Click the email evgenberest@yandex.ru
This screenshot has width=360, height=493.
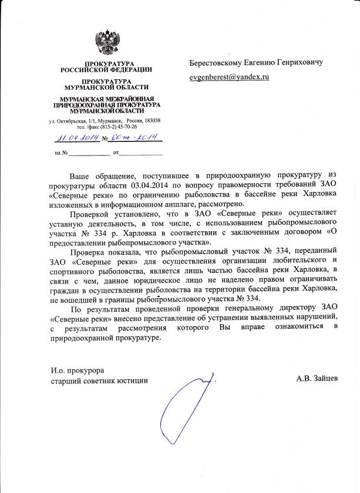pos(228,77)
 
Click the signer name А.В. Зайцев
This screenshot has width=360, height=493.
pos(318,379)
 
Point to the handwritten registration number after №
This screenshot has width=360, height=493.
pos(134,139)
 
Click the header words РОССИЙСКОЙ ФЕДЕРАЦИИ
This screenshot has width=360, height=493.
pos(106,69)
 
